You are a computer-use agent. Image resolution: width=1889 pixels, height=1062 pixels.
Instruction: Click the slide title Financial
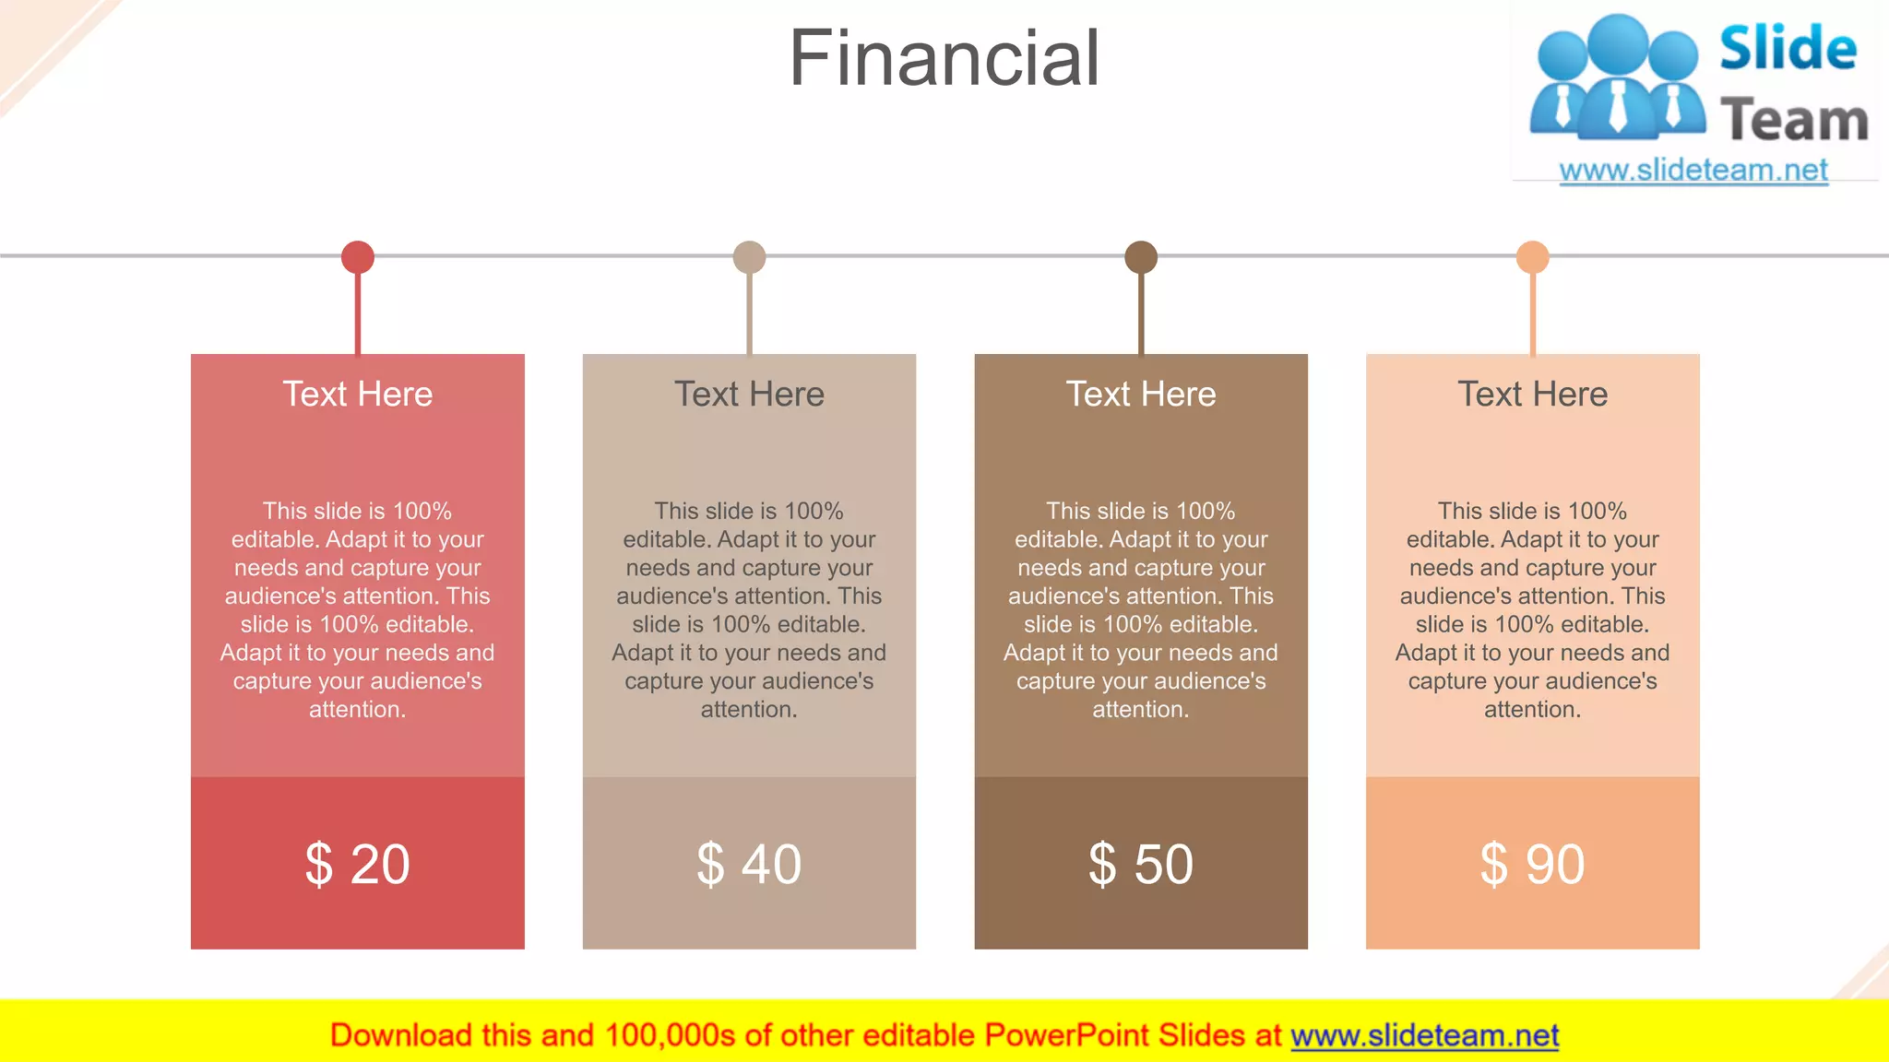(944, 58)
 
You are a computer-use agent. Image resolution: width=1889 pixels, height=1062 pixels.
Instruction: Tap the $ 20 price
(358, 864)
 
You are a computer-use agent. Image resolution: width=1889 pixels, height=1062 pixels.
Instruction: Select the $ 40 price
(749, 864)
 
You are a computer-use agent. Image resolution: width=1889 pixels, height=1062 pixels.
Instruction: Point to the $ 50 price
(1141, 864)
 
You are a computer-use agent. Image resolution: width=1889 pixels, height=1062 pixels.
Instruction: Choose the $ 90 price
(1532, 864)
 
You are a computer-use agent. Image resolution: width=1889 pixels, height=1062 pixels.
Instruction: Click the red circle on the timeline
(358, 257)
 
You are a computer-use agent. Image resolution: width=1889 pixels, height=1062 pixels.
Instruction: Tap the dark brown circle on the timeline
(1141, 257)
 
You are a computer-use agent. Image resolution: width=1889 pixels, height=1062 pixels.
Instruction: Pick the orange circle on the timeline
(1532, 257)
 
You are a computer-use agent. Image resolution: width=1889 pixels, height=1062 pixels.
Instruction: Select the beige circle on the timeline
(749, 257)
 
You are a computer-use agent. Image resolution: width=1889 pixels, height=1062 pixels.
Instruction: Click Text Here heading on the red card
(358, 395)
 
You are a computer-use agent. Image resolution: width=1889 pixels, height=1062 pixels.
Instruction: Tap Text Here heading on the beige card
(749, 395)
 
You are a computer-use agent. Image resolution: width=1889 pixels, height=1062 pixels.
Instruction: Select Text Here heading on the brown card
(1141, 395)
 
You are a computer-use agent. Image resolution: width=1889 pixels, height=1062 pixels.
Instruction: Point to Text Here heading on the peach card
(1532, 395)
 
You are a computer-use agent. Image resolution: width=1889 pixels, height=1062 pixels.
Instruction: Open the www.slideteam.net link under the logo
(1693, 171)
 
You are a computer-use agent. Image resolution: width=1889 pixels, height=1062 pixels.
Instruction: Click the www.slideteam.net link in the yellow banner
(1424, 1036)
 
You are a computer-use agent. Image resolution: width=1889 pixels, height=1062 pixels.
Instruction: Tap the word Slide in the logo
(1788, 49)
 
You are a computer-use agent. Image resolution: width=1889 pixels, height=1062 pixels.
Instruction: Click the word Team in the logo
(1794, 121)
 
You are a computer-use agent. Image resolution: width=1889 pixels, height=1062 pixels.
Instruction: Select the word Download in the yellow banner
(400, 1036)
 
